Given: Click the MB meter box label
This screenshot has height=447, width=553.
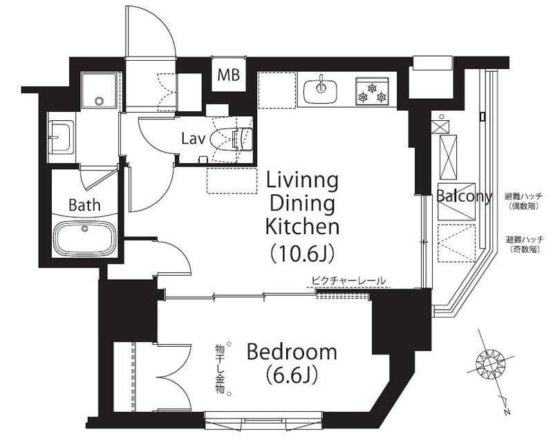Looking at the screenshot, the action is [229, 75].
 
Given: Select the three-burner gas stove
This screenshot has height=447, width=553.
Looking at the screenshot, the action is [372, 91].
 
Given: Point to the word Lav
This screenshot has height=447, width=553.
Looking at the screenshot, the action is [194, 139].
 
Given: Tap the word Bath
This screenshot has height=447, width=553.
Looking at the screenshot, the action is [84, 205].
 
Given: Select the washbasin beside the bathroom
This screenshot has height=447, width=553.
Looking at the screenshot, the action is [60, 137].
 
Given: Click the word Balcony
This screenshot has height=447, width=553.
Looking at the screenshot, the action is [464, 196].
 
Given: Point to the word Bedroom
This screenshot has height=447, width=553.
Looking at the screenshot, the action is [292, 352].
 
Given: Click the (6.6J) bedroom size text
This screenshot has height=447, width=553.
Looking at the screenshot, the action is [292, 374].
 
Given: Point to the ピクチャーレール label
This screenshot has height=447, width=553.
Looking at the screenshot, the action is [348, 281].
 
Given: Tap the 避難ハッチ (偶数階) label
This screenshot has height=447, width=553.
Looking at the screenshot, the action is [523, 201].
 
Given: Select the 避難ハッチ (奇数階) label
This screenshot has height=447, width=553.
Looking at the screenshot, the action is [525, 245].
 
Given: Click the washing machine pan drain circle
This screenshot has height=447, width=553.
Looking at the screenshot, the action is [100, 101].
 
